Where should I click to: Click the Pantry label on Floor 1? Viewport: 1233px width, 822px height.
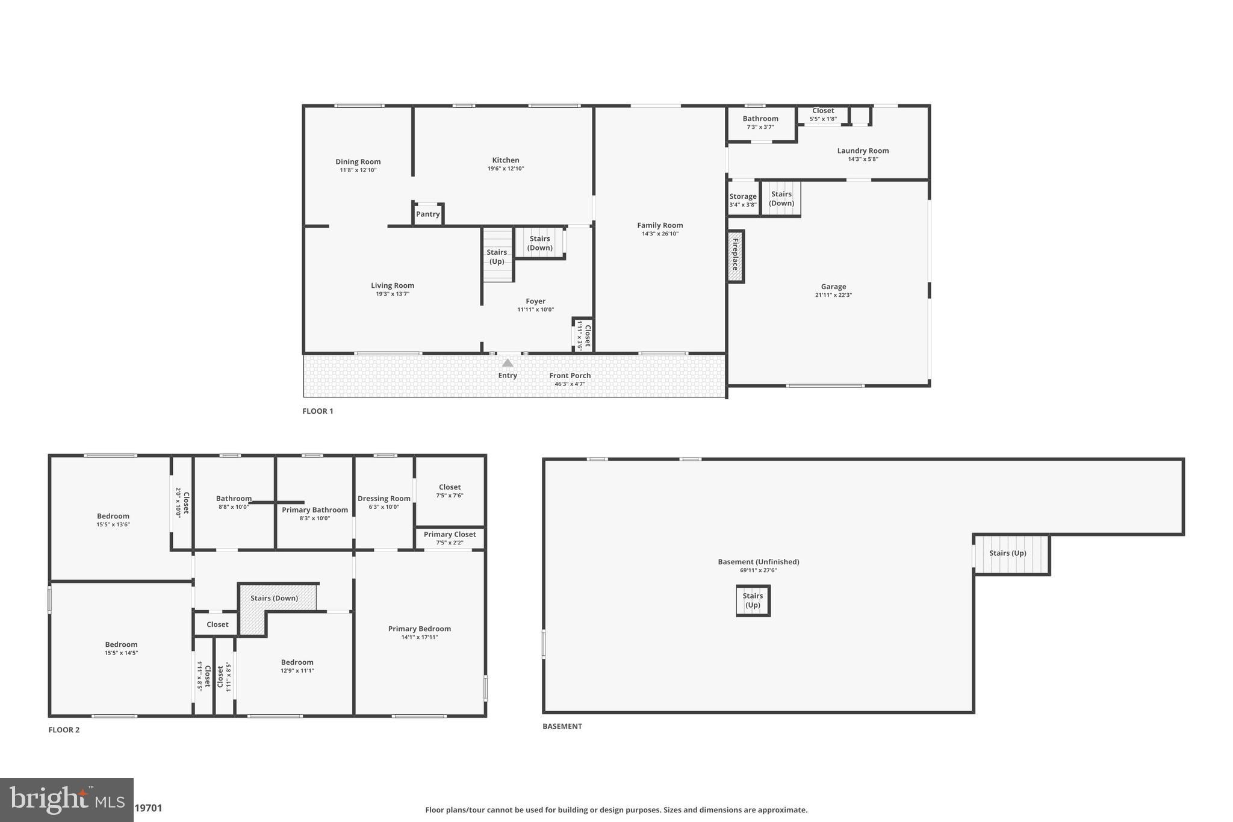428,214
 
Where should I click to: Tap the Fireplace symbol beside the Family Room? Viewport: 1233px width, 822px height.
735,256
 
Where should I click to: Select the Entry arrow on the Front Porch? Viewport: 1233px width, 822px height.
508,363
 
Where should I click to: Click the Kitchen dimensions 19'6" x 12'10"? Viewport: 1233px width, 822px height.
506,169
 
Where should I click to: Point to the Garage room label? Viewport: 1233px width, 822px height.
833,287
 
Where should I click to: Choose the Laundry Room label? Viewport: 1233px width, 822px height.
863,151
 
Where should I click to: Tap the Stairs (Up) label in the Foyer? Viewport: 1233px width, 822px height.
497,257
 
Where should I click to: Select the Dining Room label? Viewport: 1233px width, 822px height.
358,161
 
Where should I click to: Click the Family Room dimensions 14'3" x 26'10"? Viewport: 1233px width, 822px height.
660,234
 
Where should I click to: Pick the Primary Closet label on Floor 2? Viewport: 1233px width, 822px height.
450,534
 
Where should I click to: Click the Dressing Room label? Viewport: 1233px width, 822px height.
384,499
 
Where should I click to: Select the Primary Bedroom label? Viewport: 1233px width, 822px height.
420,629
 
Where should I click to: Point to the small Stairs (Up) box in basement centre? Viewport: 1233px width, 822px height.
753,600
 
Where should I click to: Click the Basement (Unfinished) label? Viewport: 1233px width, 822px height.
759,562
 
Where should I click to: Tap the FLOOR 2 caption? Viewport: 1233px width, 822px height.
64,730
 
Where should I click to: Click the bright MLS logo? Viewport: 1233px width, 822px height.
66,800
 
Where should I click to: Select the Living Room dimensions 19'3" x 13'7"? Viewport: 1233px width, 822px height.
393,294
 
